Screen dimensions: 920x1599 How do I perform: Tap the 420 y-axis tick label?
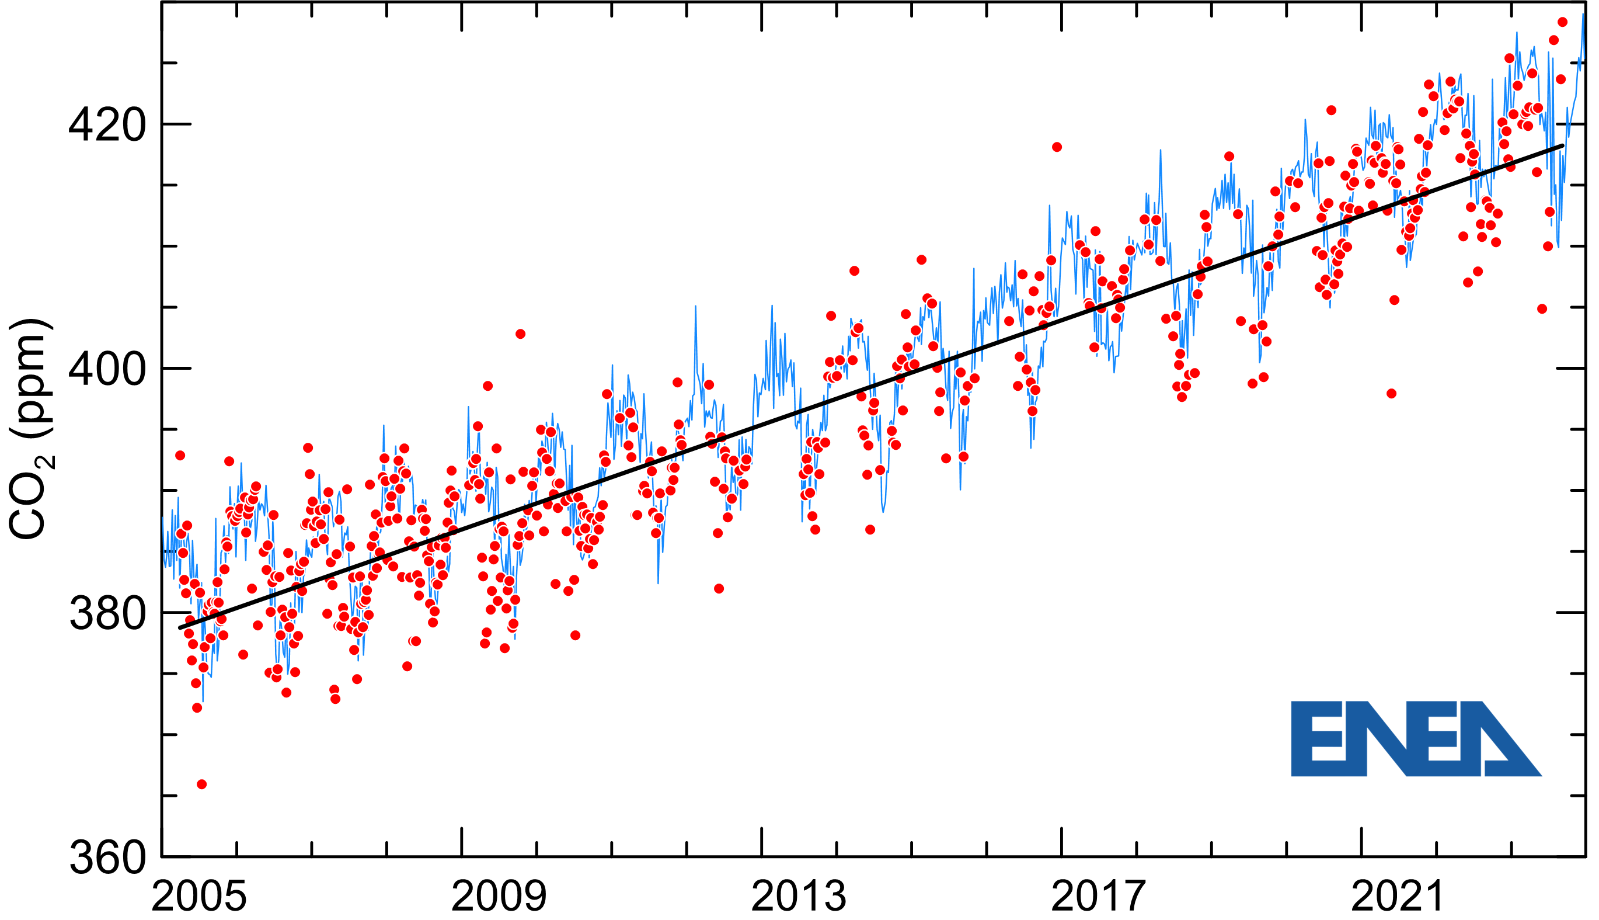(107, 125)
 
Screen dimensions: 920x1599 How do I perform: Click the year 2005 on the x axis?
(198, 897)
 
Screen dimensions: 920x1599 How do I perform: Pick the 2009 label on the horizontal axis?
(499, 897)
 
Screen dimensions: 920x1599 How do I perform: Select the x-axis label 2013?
(798, 897)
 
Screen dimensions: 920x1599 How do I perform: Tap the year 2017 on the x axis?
(1098, 897)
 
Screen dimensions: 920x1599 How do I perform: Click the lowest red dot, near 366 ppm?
(201, 784)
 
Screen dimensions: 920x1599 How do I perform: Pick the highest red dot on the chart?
(1562, 22)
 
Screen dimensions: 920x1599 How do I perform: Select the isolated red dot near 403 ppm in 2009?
(520, 334)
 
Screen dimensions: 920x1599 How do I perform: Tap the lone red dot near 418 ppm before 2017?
(1057, 147)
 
